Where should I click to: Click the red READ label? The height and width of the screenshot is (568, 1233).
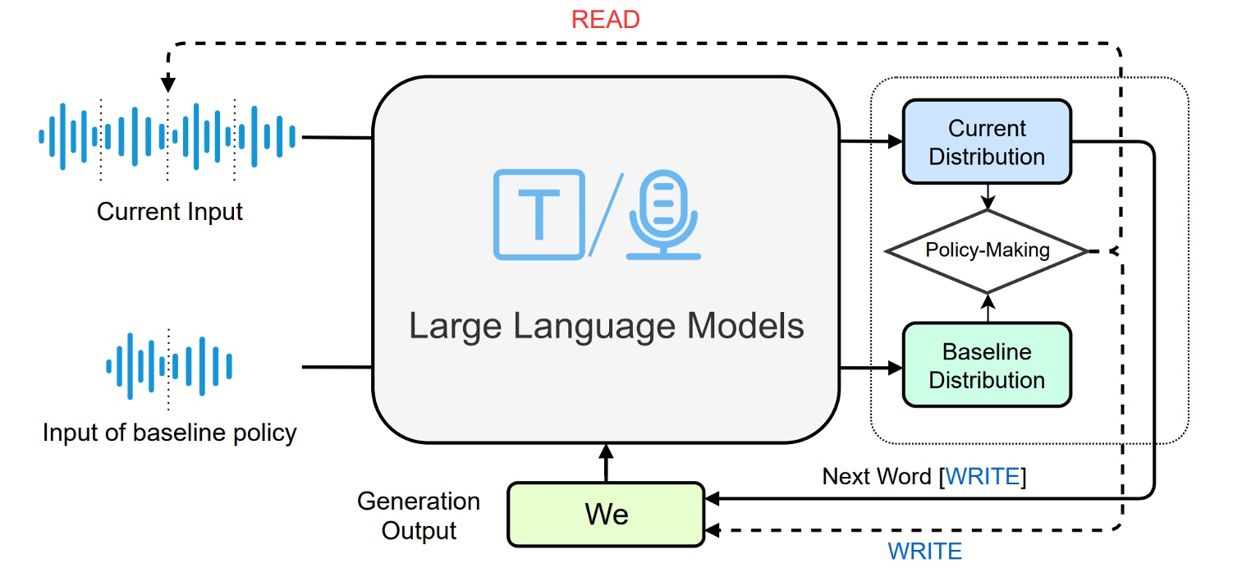pos(605,18)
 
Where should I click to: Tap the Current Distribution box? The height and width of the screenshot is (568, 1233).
pos(987,142)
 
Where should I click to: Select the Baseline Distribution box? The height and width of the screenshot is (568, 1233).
pos(987,365)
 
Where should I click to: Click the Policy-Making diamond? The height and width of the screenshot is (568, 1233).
pos(987,250)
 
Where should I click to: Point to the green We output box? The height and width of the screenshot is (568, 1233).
pos(606,514)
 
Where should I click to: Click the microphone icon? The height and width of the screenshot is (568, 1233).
pos(663,215)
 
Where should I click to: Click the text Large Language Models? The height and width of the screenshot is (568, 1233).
pos(606,326)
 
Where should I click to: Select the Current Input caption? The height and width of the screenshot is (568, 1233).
pos(170,212)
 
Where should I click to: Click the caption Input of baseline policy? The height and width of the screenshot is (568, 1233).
pos(170,433)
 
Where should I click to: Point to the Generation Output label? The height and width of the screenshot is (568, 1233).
pos(419,515)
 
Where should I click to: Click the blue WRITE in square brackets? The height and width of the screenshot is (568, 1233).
pos(983,477)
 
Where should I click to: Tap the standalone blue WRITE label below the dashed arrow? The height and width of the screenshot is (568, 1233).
pos(925,551)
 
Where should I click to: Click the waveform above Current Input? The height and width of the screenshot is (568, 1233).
pos(168,136)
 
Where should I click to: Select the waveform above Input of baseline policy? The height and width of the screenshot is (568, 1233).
pos(169,366)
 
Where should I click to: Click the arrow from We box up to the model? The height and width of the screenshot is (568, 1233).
pos(606,463)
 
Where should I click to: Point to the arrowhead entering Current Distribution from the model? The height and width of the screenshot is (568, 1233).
pos(895,141)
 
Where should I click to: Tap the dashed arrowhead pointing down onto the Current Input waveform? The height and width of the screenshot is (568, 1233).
pos(168,84)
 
